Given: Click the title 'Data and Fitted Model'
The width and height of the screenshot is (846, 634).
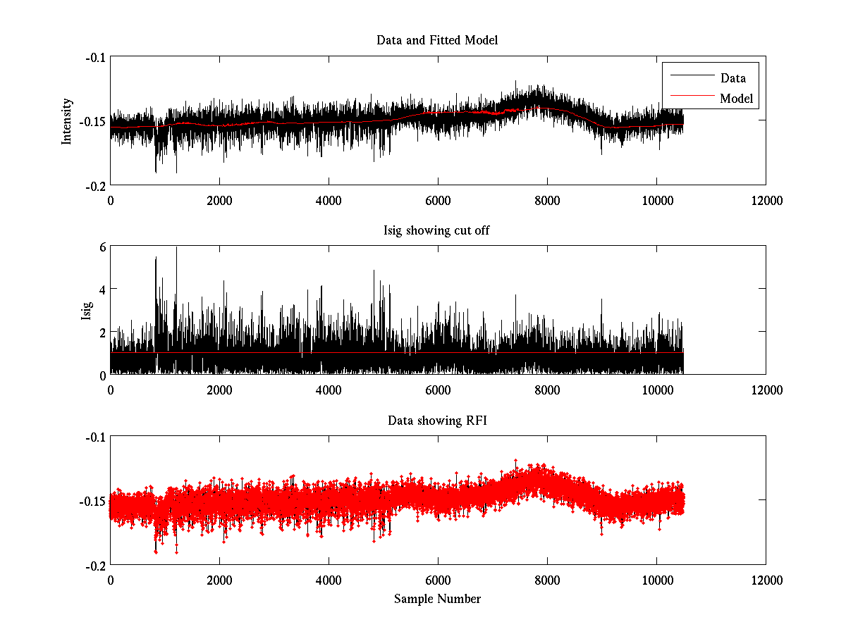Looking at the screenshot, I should coord(437,40).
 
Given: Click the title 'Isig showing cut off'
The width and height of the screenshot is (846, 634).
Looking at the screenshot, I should coord(437,230).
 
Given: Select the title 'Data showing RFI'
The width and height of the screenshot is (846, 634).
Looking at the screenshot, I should coord(437,421).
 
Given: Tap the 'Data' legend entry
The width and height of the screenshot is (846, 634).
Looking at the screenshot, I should coord(732,78).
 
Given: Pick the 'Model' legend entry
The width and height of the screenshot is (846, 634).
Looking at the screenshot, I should coord(736,99).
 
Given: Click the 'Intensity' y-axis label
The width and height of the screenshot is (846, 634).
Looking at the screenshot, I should coord(67,120).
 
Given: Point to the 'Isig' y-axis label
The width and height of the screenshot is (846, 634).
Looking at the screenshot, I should coord(86,310).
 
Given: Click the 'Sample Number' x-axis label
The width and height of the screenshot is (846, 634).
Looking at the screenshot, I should coord(437,599).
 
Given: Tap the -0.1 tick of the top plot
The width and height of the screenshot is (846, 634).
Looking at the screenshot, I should coord(95,57).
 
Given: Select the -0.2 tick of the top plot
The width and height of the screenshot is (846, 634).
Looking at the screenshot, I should coord(95,185).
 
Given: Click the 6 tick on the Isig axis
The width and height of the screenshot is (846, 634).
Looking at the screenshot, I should coord(102,247).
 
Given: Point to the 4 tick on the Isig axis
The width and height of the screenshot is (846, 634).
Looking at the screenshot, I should coord(102,289).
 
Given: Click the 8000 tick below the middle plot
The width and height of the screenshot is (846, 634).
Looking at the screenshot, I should coord(547,389).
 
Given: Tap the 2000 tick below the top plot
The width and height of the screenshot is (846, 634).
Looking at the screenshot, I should coord(219,200).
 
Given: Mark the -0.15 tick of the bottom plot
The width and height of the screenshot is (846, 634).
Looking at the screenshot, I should coord(92,501).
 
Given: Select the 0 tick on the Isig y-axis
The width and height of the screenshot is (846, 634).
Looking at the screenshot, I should coord(102,374).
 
